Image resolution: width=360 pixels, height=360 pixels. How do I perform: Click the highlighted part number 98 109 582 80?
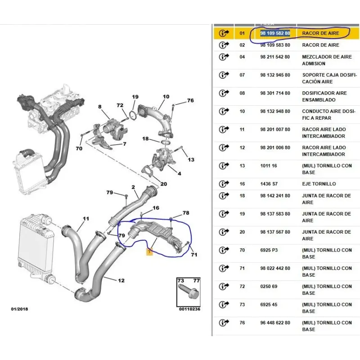pyautogui.click(x=275, y=33)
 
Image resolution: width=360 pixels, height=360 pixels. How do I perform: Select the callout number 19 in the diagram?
pyautogui.click(x=135, y=97)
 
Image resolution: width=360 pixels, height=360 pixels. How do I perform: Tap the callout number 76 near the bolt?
pyautogui.click(x=190, y=100)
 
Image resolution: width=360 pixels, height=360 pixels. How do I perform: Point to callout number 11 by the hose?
pyautogui.click(x=86, y=219)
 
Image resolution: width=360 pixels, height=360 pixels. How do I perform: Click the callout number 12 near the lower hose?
pyautogui.click(x=121, y=280)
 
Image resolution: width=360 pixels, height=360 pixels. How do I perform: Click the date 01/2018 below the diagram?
pyautogui.click(x=19, y=309)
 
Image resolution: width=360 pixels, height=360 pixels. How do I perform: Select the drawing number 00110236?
pyautogui.click(x=189, y=309)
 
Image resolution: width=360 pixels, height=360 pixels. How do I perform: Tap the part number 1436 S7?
pyautogui.click(x=269, y=184)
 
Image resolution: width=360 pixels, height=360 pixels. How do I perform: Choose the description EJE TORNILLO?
pyautogui.click(x=319, y=184)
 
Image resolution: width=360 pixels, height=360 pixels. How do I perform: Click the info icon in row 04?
pyautogui.click(x=224, y=57)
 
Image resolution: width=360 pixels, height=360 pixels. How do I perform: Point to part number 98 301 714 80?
pyautogui.click(x=275, y=93)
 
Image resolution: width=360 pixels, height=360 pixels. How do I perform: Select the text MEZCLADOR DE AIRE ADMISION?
pyautogui.click(x=327, y=60)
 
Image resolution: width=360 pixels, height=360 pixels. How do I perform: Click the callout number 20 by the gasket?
pyautogui.click(x=163, y=184)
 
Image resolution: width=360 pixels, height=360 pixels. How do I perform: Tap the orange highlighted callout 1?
pyautogui.click(x=149, y=252)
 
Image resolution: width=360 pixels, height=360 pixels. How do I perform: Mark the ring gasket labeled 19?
pyautogui.click(x=132, y=115)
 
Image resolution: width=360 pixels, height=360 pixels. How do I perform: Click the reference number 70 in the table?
pyautogui.click(x=242, y=250)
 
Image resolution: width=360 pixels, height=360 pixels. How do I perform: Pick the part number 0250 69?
pyautogui.click(x=269, y=287)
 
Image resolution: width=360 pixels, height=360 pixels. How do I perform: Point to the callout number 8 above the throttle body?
pyautogui.click(x=99, y=107)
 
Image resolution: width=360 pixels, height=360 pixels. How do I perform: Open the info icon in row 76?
pyautogui.click(x=224, y=323)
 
